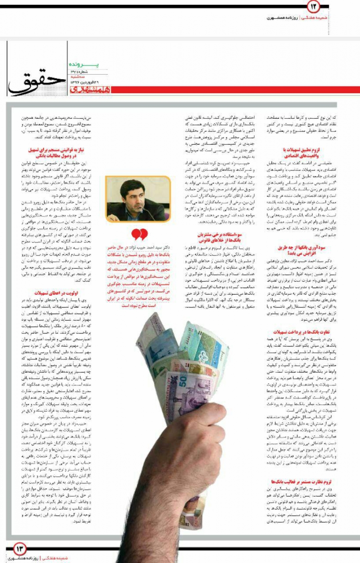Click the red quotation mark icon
(x=139, y=234)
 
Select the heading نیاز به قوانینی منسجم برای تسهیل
(x=56, y=152)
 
